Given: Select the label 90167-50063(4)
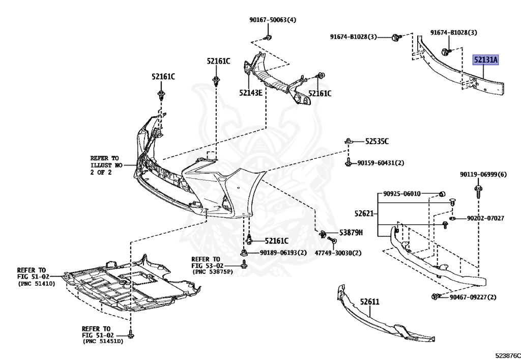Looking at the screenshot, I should (x=273, y=20).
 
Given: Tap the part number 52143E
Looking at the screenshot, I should (x=251, y=93).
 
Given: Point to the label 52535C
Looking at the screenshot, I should (x=377, y=141).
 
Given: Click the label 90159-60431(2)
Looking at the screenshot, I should (x=381, y=163).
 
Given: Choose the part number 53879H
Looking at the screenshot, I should (x=351, y=233).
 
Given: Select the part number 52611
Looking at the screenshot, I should (x=370, y=301).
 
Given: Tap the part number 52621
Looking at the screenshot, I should (x=365, y=214).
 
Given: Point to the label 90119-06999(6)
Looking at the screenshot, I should (x=483, y=174).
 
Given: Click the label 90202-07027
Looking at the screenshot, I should (x=485, y=218).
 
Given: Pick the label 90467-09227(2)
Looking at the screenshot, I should (x=473, y=297).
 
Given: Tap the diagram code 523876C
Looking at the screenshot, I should (x=505, y=352).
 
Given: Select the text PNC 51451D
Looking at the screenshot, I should (x=103, y=341).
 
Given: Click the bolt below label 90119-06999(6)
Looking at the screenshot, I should (x=478, y=191).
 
